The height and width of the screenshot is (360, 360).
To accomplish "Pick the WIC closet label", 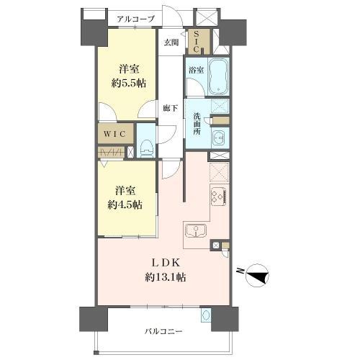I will pos(115,134).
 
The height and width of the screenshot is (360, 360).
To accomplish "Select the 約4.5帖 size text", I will pos(127,204).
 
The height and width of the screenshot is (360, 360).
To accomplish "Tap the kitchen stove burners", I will pos(218,195).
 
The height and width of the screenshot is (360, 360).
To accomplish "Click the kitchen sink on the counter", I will pos(195,231).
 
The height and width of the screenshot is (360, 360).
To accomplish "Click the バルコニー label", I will pos(163,332).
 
